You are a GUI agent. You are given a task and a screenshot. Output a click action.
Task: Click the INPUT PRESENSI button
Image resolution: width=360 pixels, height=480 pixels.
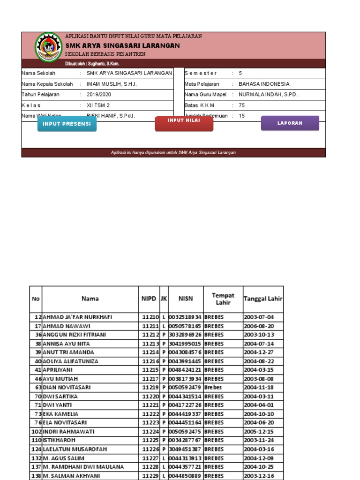tap(67, 124)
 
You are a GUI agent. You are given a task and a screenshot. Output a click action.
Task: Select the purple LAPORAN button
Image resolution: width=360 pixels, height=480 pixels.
tap(290, 123)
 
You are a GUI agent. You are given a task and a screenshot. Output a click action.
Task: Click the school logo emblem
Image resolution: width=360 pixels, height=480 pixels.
tap(49, 47)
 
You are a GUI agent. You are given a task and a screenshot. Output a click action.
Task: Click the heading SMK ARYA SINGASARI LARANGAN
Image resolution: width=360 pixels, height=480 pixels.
tap(122, 45)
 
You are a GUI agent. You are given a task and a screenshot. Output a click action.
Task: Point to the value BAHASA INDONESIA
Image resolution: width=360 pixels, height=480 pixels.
tap(264, 84)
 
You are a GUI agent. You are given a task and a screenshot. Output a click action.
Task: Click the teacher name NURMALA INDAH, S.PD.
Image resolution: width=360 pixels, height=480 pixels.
tap(268, 94)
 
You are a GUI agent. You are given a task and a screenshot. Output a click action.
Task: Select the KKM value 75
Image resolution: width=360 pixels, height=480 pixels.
tap(242, 105)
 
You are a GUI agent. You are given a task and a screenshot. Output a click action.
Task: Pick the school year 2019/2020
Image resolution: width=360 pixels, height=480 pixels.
tap(99, 94)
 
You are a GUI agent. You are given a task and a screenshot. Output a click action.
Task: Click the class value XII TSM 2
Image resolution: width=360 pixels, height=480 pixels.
tap(98, 105)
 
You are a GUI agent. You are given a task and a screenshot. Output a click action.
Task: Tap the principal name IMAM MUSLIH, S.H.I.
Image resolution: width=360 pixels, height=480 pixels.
tap(112, 84)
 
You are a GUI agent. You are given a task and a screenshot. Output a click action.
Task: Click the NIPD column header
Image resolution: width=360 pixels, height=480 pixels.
tap(149, 299)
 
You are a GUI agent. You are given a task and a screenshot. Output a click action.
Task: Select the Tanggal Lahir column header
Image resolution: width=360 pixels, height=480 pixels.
tap(263, 299)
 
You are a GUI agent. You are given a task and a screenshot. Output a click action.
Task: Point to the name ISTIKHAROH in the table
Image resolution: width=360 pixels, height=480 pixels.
tap(59, 440)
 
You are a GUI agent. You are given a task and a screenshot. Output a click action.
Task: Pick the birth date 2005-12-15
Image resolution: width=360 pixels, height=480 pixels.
tap(259, 431)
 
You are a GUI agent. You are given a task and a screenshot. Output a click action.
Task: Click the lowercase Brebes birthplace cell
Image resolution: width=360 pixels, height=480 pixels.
tap(213, 388)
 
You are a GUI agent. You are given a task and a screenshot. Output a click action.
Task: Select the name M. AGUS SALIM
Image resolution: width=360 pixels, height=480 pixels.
tap(64, 458)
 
